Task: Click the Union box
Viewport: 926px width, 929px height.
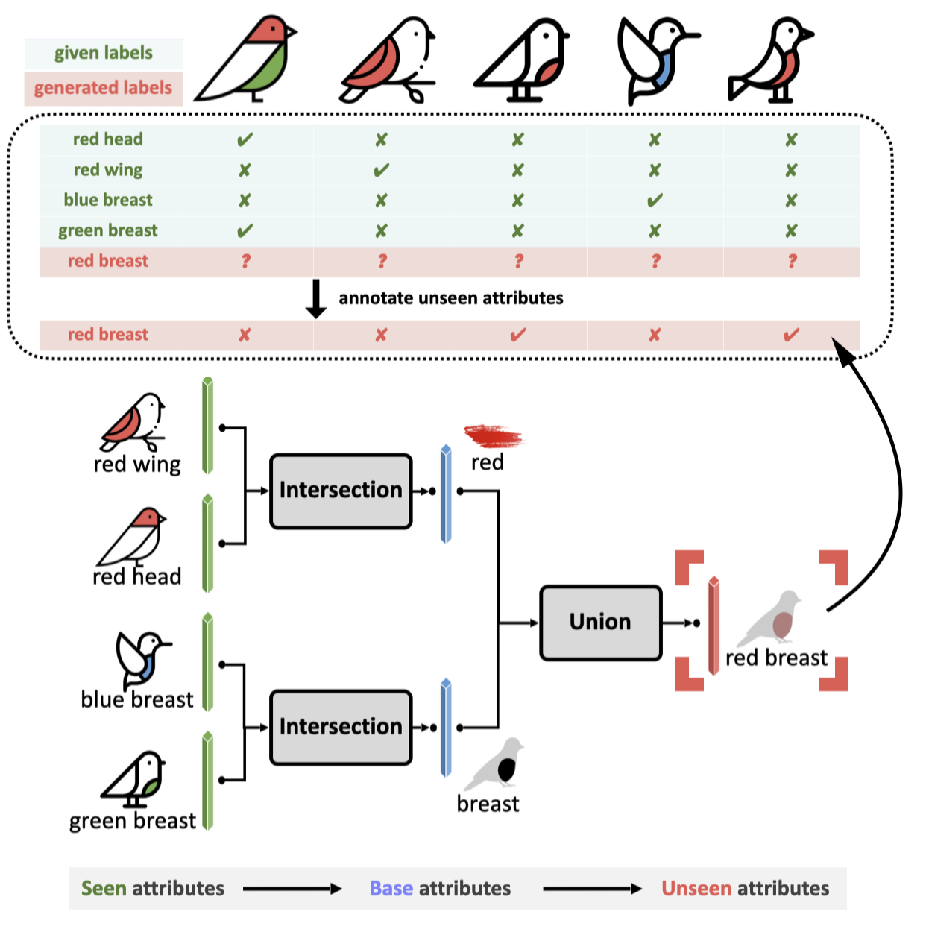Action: (x=600, y=623)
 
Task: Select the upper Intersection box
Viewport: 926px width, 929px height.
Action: (x=341, y=491)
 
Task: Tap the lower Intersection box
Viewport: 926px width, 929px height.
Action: (x=341, y=727)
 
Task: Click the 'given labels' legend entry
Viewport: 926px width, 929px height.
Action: (x=104, y=54)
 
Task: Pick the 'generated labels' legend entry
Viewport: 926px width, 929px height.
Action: (x=104, y=88)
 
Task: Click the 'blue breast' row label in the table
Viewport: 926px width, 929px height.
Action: (x=108, y=200)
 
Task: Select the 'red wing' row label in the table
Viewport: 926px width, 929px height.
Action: (x=108, y=170)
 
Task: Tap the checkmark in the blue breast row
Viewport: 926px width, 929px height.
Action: (x=655, y=201)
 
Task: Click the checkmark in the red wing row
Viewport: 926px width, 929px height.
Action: (x=381, y=171)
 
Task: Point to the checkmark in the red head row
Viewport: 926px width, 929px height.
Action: (x=245, y=139)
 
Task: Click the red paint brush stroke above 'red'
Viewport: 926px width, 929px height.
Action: (x=493, y=435)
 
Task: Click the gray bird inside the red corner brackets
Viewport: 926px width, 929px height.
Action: (x=772, y=619)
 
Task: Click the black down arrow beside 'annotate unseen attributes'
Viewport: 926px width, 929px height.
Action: (x=316, y=299)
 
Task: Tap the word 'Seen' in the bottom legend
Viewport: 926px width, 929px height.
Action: (x=104, y=888)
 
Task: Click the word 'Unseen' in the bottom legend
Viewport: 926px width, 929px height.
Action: (x=696, y=888)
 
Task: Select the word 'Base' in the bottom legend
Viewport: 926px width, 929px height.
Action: (x=391, y=888)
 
